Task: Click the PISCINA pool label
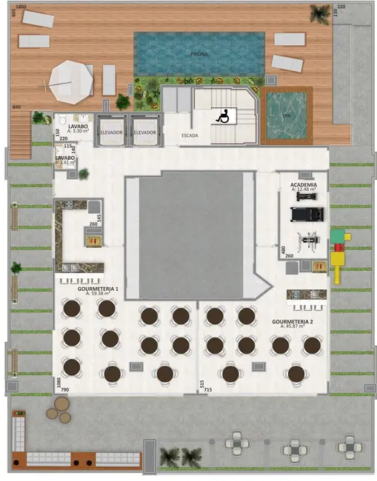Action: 198,53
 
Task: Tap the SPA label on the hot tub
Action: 286,116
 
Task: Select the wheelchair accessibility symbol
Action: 221,115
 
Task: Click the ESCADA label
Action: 190,135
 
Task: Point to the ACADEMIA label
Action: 304,184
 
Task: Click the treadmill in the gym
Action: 304,214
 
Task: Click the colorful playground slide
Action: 338,255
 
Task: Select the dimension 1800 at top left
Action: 21,6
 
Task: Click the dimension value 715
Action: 208,389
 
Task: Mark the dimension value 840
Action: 16,108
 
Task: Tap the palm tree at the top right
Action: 321,13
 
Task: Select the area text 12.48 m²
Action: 304,189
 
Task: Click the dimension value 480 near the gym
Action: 284,249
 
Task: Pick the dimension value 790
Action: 64,389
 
